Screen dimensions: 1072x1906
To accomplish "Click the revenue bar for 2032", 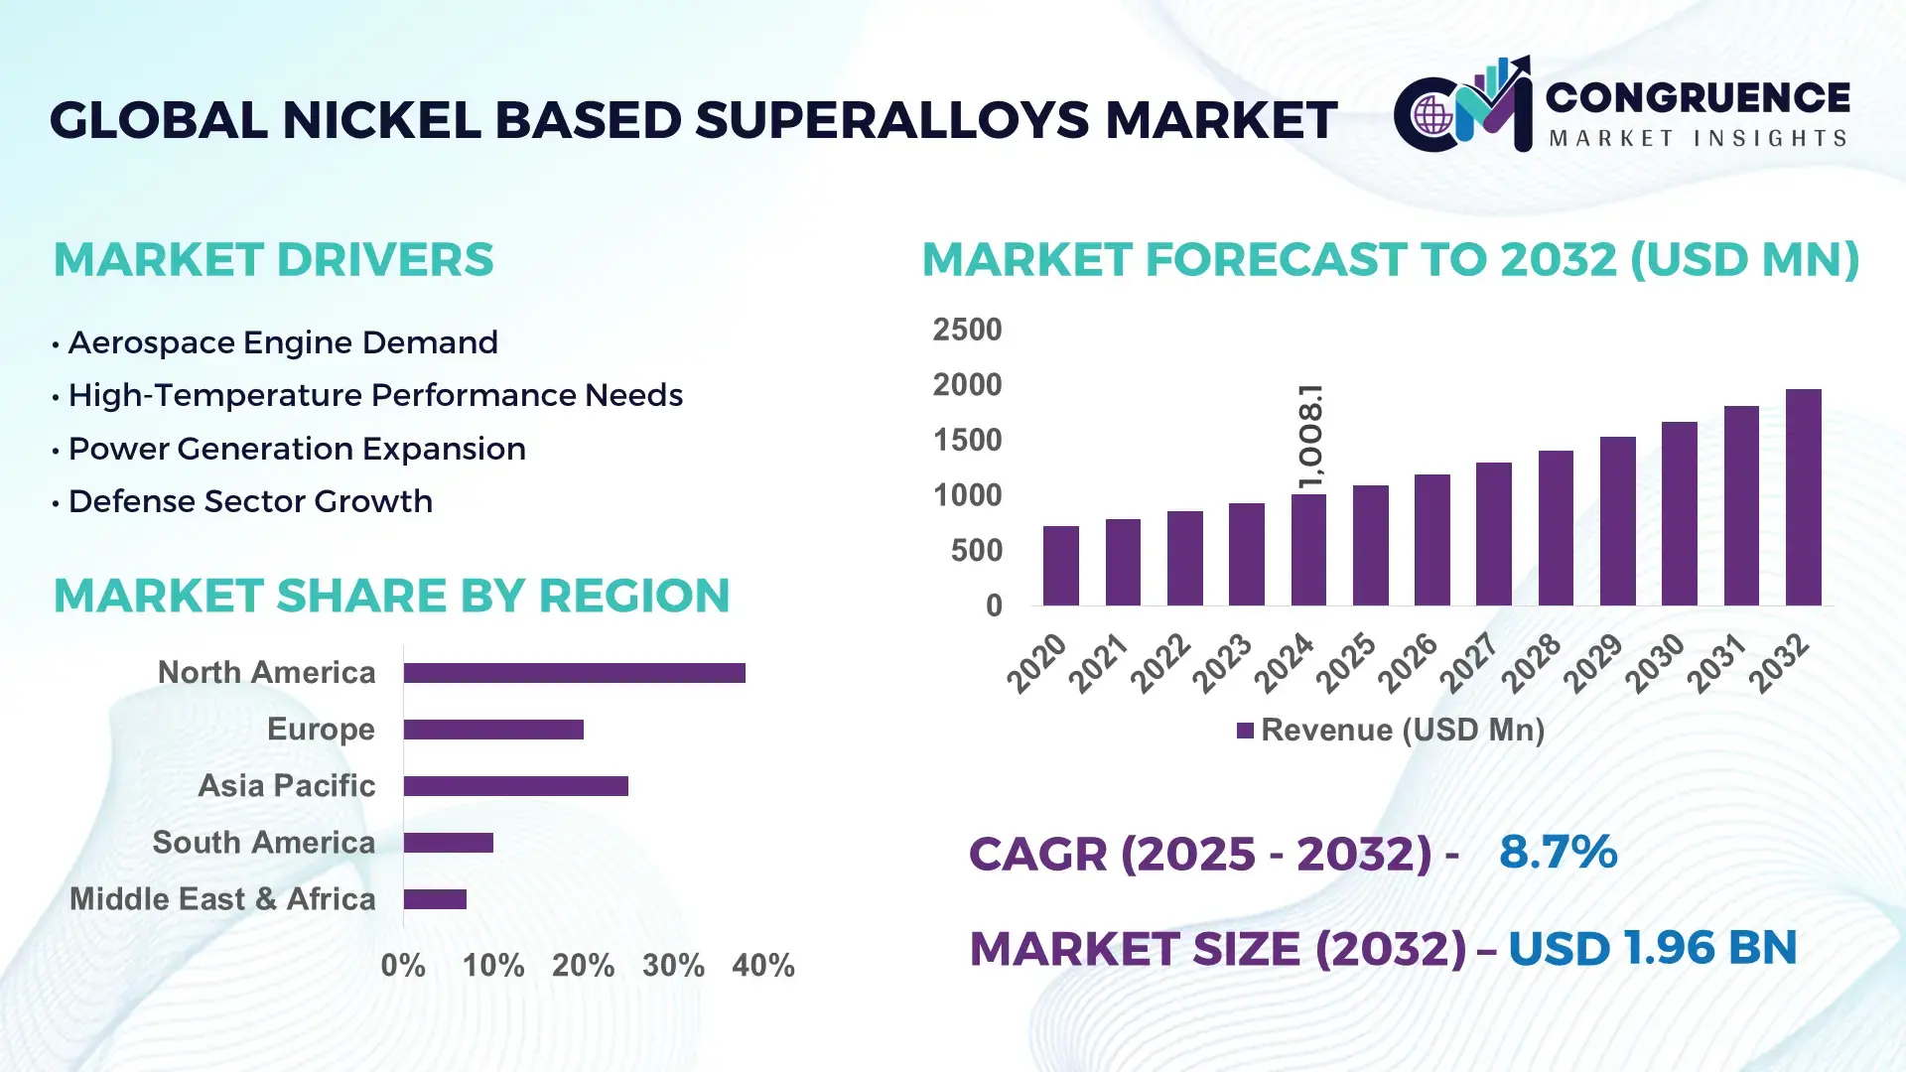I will click(x=1803, y=497).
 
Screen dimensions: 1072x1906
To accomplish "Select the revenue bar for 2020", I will click(x=1060, y=566).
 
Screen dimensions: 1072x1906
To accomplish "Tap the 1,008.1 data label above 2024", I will click(x=1310, y=437).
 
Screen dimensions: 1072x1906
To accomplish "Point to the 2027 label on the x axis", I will click(x=1469, y=662).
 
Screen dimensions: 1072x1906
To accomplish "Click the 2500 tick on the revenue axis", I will click(x=967, y=330).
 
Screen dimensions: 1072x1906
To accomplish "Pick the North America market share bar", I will click(x=574, y=673).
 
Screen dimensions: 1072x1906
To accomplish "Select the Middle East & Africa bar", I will click(x=435, y=899).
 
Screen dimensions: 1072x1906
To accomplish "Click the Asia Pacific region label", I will click(x=286, y=785).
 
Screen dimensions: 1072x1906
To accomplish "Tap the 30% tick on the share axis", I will click(x=673, y=965).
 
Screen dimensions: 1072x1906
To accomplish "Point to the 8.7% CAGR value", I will click(x=1558, y=852).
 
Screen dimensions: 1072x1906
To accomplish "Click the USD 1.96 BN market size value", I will click(x=1652, y=948).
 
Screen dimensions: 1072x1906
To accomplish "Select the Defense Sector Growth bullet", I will click(x=250, y=501).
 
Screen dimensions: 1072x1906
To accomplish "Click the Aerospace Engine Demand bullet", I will click(x=282, y=342).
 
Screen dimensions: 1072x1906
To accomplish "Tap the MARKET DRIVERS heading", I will click(x=273, y=260).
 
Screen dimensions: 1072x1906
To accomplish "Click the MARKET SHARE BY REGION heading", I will click(x=391, y=596).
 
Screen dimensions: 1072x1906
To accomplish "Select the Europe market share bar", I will click(x=493, y=730).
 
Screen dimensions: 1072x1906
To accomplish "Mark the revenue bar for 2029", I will click(x=1617, y=521).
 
